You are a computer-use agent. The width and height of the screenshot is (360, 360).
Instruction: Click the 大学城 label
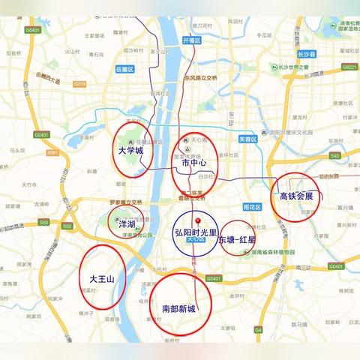[130, 151]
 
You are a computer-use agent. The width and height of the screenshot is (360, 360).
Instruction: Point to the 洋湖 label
[125, 223]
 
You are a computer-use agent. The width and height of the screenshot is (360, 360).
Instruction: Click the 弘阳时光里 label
[196, 232]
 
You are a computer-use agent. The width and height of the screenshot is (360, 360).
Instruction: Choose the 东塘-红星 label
[237, 240]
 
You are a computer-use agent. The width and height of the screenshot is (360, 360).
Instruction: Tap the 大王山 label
[101, 279]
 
